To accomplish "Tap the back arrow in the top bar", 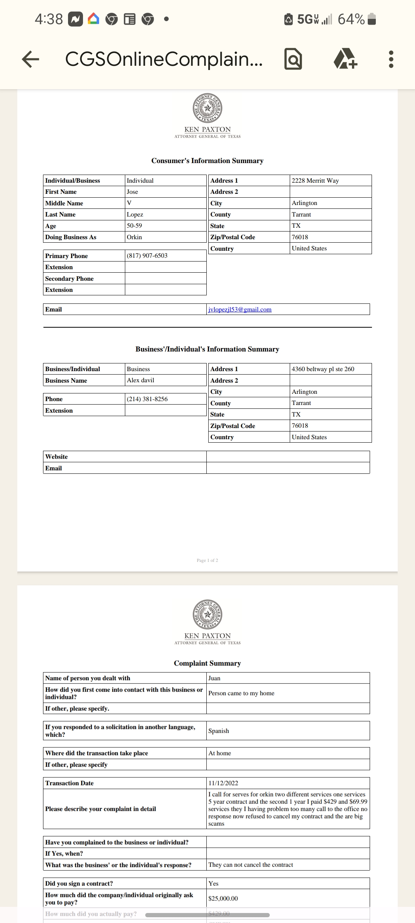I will [31, 59].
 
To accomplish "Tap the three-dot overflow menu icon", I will [391, 59].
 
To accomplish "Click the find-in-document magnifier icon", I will [293, 59].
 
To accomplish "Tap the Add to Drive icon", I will [345, 59].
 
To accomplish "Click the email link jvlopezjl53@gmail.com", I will [240, 310].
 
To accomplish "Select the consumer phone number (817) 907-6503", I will [147, 256].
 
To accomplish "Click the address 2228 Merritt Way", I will [315, 180].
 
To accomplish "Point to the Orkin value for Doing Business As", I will [134, 237].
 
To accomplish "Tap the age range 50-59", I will [134, 226].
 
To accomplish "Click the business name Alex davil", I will [141, 380].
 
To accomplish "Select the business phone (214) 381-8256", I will [147, 399].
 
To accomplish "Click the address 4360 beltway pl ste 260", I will [323, 369].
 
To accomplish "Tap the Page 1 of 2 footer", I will [207, 560].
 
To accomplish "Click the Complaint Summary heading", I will [207, 663].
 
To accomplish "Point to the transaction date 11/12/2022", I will [223, 783].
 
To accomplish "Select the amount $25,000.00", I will [223, 899].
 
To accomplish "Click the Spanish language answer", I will [219, 731].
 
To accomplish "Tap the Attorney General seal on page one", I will [207, 108].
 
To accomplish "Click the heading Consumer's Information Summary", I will [207, 161].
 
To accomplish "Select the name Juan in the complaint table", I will [214, 678].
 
